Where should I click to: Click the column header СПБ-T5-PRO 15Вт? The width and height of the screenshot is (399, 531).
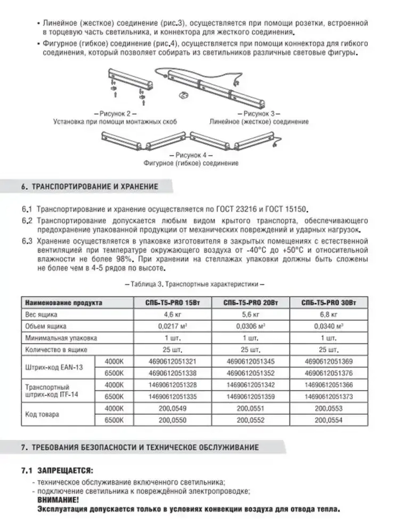(x=172, y=303)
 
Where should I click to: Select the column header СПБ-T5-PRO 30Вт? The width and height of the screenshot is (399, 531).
(x=329, y=303)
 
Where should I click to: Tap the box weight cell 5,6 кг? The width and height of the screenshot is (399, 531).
(x=251, y=314)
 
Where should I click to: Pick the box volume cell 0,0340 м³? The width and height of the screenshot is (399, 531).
(x=329, y=326)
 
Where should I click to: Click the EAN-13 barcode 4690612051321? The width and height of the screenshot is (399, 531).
(x=172, y=362)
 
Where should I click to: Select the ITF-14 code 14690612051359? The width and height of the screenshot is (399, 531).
(x=251, y=397)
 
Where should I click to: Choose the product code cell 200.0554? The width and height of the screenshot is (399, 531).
(x=329, y=420)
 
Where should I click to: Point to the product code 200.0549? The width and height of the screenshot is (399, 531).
(x=172, y=408)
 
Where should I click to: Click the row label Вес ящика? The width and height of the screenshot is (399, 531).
(x=41, y=314)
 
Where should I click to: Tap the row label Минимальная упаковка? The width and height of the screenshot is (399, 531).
(x=61, y=338)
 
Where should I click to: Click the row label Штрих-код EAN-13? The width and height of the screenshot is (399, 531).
(x=54, y=367)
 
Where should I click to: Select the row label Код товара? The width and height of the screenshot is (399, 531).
(x=42, y=414)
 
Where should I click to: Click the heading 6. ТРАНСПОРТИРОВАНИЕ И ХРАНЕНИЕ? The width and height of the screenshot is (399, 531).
(x=90, y=186)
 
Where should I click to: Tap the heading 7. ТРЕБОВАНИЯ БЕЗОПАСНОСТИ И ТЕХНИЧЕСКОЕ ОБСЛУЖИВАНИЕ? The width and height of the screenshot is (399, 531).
(x=140, y=447)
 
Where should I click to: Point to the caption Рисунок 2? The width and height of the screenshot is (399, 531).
(x=115, y=114)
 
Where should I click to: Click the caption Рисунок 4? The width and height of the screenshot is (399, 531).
(x=191, y=155)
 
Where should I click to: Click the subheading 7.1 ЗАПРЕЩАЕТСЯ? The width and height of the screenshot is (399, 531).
(x=57, y=471)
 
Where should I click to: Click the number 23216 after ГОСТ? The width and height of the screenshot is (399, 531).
(x=244, y=210)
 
